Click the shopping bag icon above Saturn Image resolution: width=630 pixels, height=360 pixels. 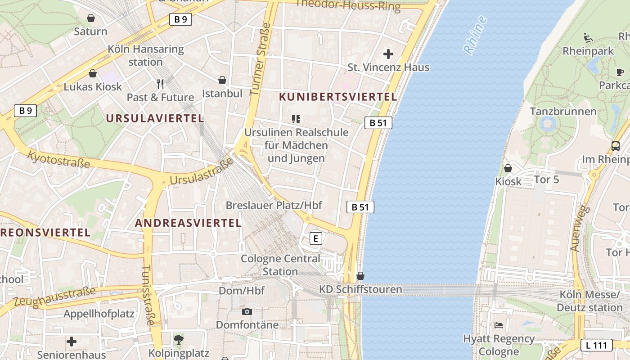click(x=91, y=18)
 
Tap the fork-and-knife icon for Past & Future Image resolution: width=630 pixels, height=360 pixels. click(x=160, y=83)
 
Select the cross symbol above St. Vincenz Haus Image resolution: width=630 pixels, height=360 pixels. click(x=388, y=54)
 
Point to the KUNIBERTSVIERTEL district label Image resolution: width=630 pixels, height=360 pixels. click(x=338, y=97)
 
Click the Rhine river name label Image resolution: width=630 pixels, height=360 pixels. click(x=475, y=35)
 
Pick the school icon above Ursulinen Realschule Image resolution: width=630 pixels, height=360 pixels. click(x=296, y=119)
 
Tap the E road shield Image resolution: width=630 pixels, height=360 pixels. click(x=316, y=238)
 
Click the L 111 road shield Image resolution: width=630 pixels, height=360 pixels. click(x=596, y=346)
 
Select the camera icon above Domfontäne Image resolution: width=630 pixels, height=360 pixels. click(x=247, y=311)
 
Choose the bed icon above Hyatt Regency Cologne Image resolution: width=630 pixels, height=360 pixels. click(x=498, y=325)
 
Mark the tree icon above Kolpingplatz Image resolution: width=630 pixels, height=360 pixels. click(x=179, y=340)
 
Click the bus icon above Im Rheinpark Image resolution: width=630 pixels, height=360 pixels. click(x=615, y=146)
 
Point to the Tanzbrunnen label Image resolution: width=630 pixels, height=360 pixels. click(x=563, y=111)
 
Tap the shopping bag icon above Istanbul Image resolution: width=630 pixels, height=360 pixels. click(x=222, y=81)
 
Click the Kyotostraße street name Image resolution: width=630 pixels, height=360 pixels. click(x=58, y=160)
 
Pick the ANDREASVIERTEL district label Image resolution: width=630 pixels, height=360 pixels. click(x=188, y=223)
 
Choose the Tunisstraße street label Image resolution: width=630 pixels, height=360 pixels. click(x=148, y=295)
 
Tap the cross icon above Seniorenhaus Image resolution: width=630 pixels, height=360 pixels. click(x=72, y=342)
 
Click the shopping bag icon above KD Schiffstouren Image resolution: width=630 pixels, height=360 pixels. click(x=360, y=276)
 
